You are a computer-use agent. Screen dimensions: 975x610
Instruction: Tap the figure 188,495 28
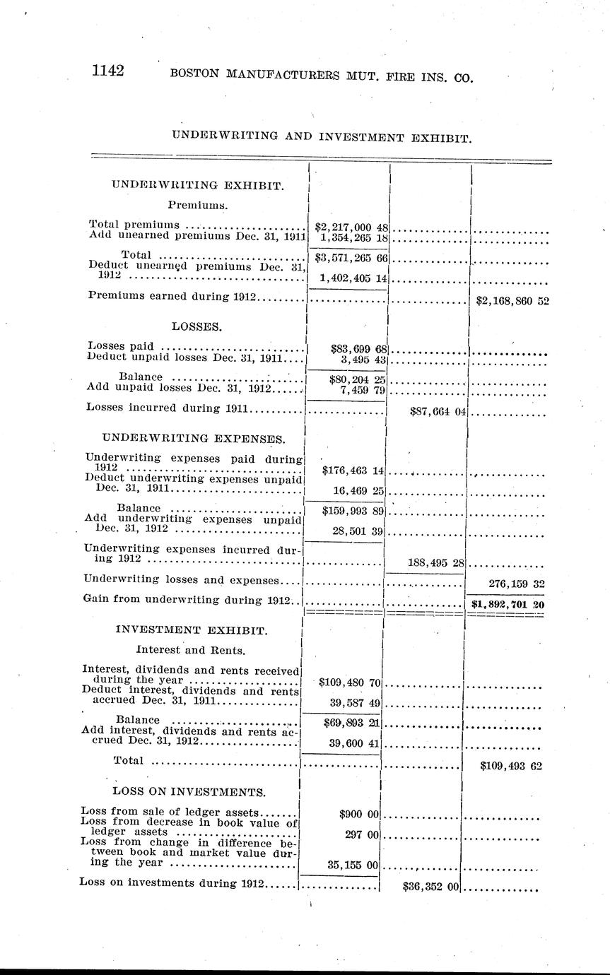(x=435, y=562)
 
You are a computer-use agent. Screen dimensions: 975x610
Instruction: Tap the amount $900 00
(x=360, y=814)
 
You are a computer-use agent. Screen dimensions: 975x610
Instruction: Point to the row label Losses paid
(x=122, y=346)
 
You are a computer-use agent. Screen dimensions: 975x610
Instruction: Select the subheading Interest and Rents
(x=190, y=648)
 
